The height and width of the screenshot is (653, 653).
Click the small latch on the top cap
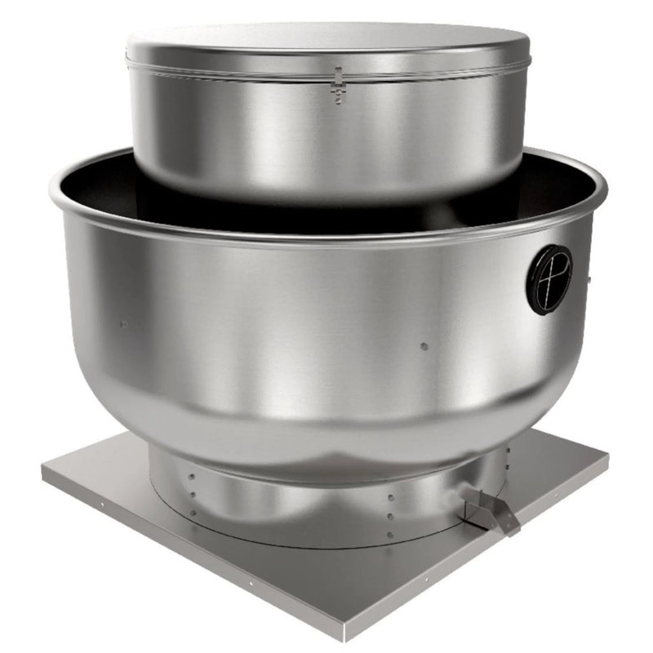[337, 87]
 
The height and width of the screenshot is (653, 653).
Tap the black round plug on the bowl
[549, 278]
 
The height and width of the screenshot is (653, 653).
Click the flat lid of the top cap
[326, 41]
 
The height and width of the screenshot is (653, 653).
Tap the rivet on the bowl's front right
[424, 346]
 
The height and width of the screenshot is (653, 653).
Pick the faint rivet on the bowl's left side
[123, 323]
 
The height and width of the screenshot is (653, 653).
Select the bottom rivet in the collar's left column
[193, 513]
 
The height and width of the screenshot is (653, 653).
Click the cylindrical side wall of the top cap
[326, 139]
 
